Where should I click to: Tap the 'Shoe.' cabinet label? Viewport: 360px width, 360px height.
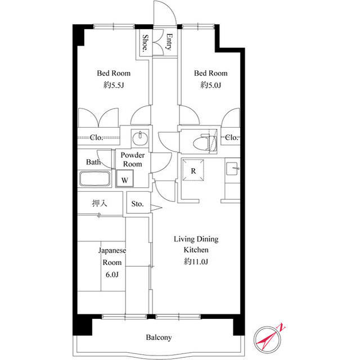click(145, 43)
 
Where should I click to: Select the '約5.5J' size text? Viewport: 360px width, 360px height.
click(113, 85)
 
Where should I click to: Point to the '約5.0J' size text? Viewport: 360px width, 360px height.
click(210, 85)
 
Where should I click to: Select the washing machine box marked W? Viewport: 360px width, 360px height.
click(125, 180)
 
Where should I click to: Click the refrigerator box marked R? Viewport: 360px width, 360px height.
click(193, 171)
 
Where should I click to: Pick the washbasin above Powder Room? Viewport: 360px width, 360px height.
click(138, 138)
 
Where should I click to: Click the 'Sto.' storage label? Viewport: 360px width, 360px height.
click(138, 204)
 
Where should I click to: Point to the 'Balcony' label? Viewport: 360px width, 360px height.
click(159, 337)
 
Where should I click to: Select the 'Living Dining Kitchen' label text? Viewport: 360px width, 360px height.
click(195, 244)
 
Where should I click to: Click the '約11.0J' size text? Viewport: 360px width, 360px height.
click(195, 261)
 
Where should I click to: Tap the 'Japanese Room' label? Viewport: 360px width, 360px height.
click(112, 256)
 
